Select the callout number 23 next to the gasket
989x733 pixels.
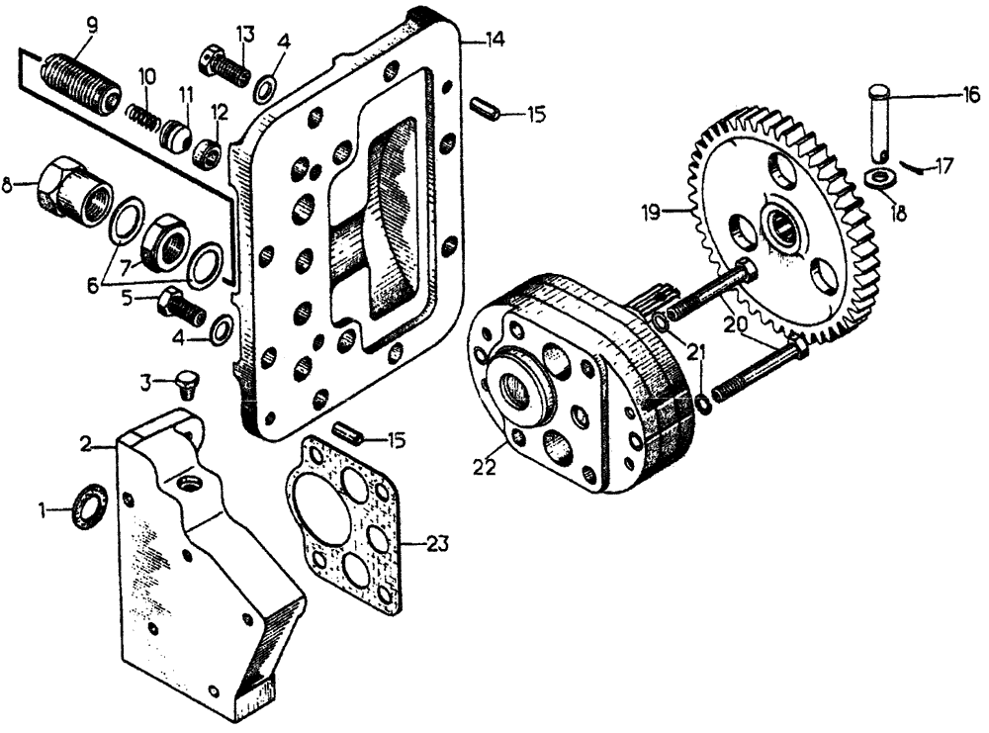click(437, 542)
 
